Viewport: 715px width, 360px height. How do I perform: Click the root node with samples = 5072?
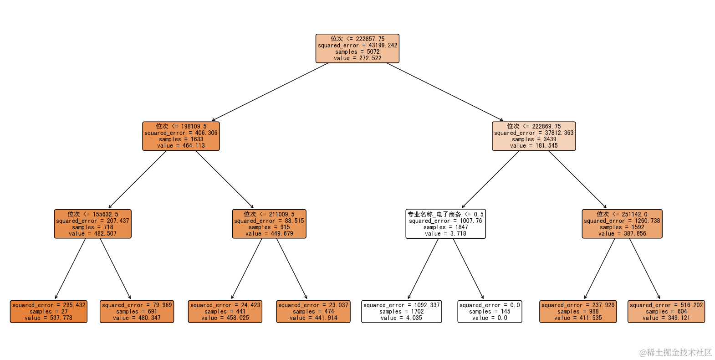tap(357, 48)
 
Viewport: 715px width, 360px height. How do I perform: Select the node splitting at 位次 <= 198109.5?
tap(181, 136)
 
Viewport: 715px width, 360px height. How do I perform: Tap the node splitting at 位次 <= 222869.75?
tap(534, 136)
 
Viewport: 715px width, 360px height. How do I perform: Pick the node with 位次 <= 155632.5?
tap(92, 224)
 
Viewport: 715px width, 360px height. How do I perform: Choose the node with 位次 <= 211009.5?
tap(269, 224)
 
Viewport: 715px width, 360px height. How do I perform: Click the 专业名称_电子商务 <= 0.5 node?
tap(445, 224)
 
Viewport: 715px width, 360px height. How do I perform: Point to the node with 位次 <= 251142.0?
tap(622, 224)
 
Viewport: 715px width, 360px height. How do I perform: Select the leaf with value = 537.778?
tap(49, 311)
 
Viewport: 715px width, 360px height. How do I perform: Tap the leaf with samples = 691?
tap(137, 311)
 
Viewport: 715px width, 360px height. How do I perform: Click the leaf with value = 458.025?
tap(225, 311)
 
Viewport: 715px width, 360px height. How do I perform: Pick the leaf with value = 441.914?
tap(313, 311)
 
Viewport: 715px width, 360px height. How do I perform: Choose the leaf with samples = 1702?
tap(401, 311)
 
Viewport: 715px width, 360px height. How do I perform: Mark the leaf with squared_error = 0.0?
tap(490, 311)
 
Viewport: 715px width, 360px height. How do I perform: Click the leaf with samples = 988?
tap(578, 311)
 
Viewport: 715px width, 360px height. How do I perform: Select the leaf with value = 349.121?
tap(666, 311)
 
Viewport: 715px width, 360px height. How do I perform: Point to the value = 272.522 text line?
tap(357, 58)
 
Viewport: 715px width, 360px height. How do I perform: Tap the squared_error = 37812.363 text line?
tap(534, 133)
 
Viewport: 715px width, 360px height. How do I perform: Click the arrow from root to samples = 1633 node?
tap(270, 92)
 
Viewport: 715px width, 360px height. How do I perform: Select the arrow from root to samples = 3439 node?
tap(445, 92)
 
